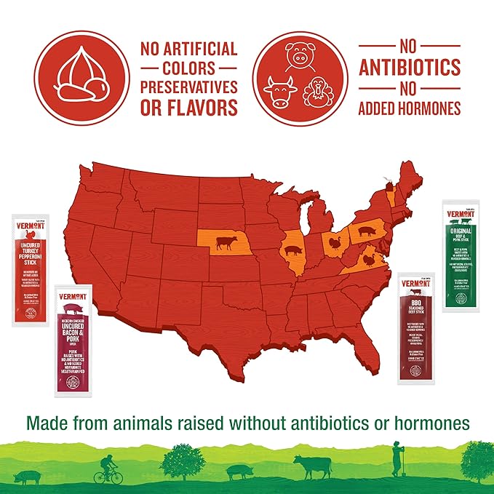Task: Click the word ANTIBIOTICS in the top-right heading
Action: (x=410, y=68)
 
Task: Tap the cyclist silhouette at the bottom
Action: (x=108, y=469)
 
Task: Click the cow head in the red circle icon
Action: (x=280, y=92)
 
